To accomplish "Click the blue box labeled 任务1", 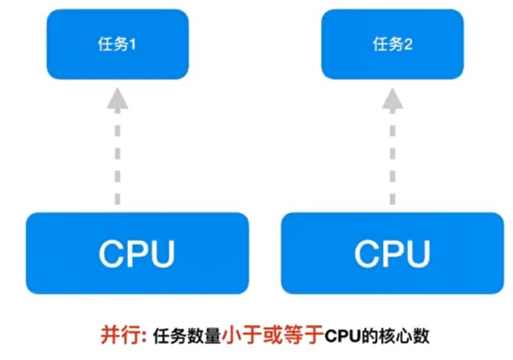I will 117,45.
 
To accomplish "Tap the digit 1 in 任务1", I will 133,45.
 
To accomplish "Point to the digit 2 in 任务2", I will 408,45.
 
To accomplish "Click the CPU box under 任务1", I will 137,252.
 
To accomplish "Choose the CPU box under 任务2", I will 392,252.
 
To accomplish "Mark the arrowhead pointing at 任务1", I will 117,98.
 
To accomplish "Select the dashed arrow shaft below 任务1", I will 117,156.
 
